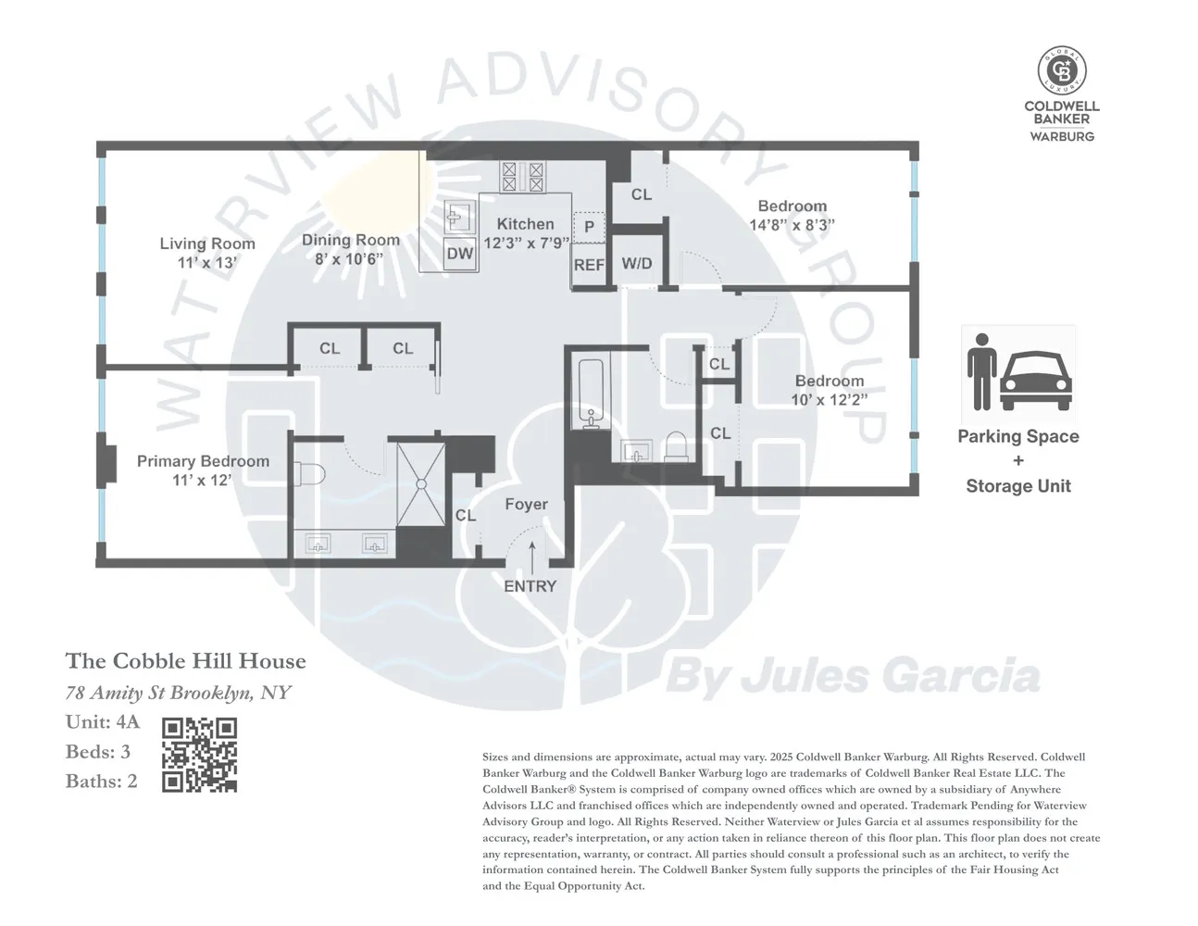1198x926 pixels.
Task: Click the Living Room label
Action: tap(207, 244)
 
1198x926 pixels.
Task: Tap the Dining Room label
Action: tap(351, 241)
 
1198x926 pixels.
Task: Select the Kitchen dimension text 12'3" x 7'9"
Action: tap(526, 243)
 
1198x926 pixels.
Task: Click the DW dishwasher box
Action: tap(460, 254)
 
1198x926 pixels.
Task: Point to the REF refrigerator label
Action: tap(589, 265)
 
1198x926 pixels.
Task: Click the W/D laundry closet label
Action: tap(637, 264)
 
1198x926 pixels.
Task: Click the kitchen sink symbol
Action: tap(460, 218)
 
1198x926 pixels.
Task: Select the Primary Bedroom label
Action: tap(203, 461)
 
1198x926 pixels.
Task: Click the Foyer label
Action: tap(527, 505)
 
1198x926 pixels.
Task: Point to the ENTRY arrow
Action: tap(532, 558)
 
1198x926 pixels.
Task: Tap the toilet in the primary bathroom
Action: tap(310, 473)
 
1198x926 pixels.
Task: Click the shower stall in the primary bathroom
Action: tap(421, 484)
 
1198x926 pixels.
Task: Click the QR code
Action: tap(199, 755)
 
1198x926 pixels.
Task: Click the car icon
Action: tap(1036, 381)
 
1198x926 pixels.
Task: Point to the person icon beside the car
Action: tap(982, 372)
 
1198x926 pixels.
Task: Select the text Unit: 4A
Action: tap(103, 722)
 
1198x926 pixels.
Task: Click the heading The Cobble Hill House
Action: tap(186, 661)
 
